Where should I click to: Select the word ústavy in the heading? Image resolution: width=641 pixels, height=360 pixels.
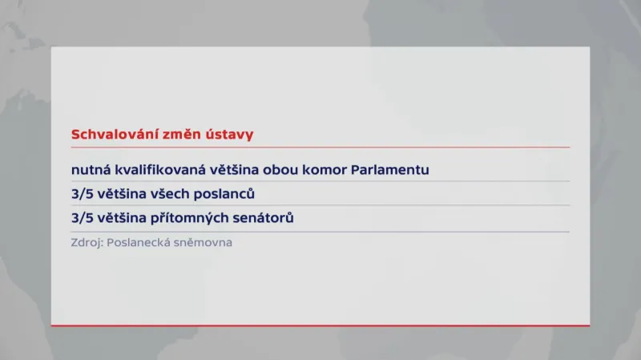(x=232, y=135)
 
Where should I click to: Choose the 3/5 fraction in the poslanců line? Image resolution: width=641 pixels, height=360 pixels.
(x=83, y=194)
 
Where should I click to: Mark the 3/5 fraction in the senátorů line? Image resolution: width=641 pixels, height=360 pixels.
(x=83, y=218)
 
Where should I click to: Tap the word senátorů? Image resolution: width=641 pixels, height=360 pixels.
(x=265, y=218)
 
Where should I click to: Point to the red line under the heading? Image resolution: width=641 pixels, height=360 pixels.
(x=320, y=148)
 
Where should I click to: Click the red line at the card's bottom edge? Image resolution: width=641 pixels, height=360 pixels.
(x=320, y=326)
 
